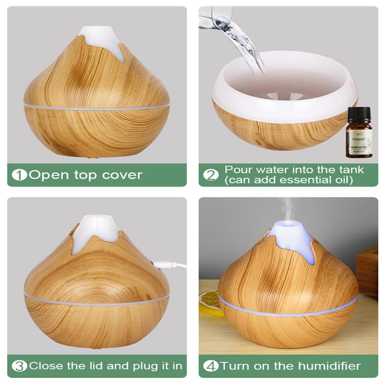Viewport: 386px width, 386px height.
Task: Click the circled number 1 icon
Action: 20,175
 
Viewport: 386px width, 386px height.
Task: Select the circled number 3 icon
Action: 20,366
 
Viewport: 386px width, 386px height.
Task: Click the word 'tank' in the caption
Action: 351,170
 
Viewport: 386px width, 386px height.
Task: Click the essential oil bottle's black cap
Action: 358,116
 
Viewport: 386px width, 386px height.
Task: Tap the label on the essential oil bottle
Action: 358,142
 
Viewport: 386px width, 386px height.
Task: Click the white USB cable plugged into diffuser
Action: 174,264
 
